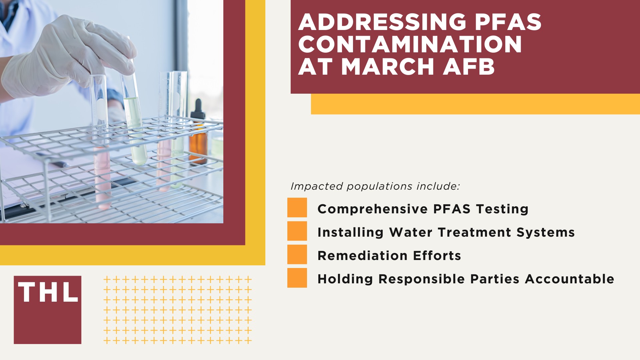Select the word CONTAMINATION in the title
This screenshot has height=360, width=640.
click(410, 44)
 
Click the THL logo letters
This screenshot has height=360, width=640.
click(48, 293)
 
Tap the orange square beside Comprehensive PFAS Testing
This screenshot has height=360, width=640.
click(297, 208)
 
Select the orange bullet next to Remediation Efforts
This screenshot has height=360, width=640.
click(297, 254)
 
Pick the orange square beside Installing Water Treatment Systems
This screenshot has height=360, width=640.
click(297, 231)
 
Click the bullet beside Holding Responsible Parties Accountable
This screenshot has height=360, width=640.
click(297, 278)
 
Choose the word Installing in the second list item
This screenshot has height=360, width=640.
click(350, 232)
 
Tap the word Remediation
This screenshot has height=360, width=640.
click(362, 256)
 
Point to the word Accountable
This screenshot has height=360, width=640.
click(569, 279)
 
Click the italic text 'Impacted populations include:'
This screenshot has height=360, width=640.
click(375, 186)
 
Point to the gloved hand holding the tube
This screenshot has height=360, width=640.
click(67, 57)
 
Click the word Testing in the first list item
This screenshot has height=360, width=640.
click(502, 209)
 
